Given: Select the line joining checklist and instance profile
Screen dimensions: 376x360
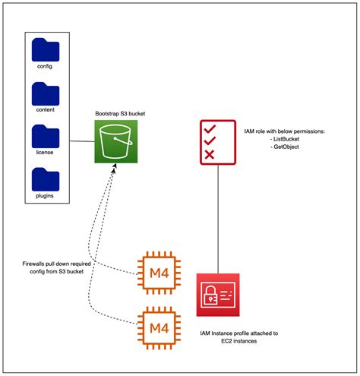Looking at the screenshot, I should (x=219, y=220).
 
